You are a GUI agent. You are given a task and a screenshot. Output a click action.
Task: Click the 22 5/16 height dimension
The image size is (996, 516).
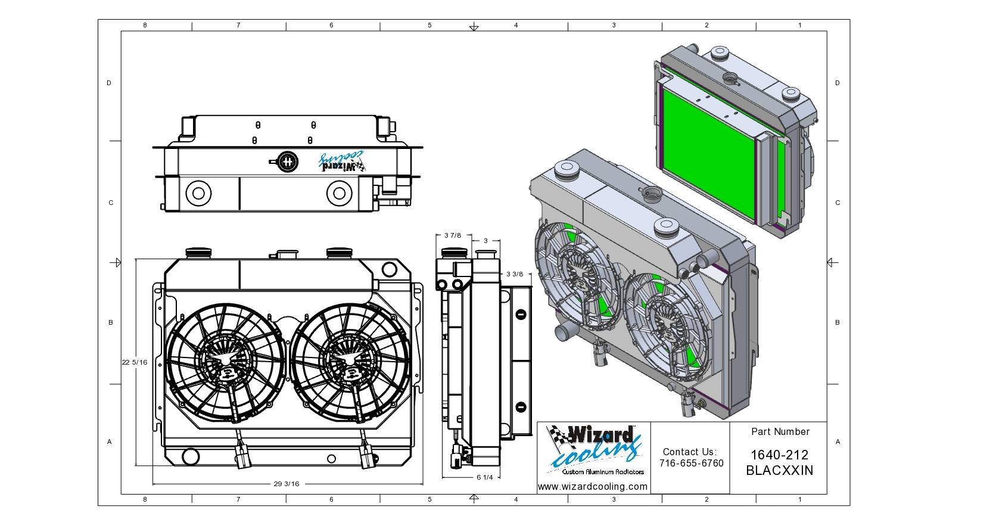(x=134, y=362)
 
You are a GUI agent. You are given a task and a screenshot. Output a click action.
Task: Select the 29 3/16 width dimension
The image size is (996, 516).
(x=287, y=484)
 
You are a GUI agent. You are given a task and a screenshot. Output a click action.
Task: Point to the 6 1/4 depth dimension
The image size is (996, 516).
(x=485, y=477)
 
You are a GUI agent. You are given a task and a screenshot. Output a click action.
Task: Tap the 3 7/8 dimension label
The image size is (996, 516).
(x=453, y=235)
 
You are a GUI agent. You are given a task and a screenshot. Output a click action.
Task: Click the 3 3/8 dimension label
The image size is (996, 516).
(x=515, y=274)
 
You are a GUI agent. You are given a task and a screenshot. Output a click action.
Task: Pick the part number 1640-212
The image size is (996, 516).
(x=779, y=455)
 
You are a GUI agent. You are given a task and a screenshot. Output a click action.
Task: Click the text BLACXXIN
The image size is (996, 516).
(x=779, y=471)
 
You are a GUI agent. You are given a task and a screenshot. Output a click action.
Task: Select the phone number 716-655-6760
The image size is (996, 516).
(x=692, y=464)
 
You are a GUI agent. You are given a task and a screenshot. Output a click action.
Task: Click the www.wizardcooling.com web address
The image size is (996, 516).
(x=593, y=487)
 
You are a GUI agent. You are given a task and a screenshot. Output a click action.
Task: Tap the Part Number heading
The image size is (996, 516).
(x=780, y=431)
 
